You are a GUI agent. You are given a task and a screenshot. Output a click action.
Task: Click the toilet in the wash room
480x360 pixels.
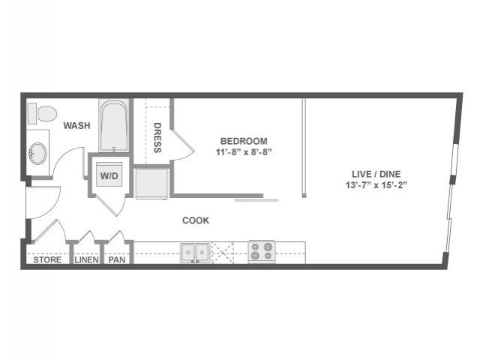(42, 113)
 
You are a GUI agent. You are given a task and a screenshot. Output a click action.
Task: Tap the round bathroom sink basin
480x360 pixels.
(37, 153)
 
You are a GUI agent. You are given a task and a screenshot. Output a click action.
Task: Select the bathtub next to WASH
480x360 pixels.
(114, 125)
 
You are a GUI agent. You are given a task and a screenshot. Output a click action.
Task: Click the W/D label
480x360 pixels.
(109, 176)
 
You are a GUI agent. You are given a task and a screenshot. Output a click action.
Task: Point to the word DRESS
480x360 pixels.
(157, 138)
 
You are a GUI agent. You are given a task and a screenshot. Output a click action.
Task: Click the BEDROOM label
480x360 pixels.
(244, 141)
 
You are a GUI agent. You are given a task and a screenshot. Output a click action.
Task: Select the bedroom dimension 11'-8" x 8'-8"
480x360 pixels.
(244, 152)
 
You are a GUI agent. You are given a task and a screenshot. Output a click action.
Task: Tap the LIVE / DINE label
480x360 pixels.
(376, 174)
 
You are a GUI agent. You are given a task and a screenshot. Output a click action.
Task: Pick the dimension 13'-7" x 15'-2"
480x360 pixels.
(376, 185)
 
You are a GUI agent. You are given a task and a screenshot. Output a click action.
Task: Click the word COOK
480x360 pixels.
(196, 220)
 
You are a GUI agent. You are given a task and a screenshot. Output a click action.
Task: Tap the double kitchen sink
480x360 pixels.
(195, 253)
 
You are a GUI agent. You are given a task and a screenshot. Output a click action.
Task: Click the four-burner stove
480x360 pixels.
(262, 252)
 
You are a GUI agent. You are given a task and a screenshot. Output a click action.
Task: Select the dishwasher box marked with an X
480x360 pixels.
(223, 253)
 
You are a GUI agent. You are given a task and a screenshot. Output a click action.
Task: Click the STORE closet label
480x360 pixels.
(47, 260)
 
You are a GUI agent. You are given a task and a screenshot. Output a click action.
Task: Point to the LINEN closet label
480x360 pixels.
(87, 260)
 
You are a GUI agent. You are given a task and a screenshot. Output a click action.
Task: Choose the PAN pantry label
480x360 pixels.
(117, 260)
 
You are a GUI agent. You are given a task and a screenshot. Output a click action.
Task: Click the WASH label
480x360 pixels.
(76, 125)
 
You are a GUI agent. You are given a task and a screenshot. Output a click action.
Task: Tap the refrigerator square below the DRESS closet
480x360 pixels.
(152, 184)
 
